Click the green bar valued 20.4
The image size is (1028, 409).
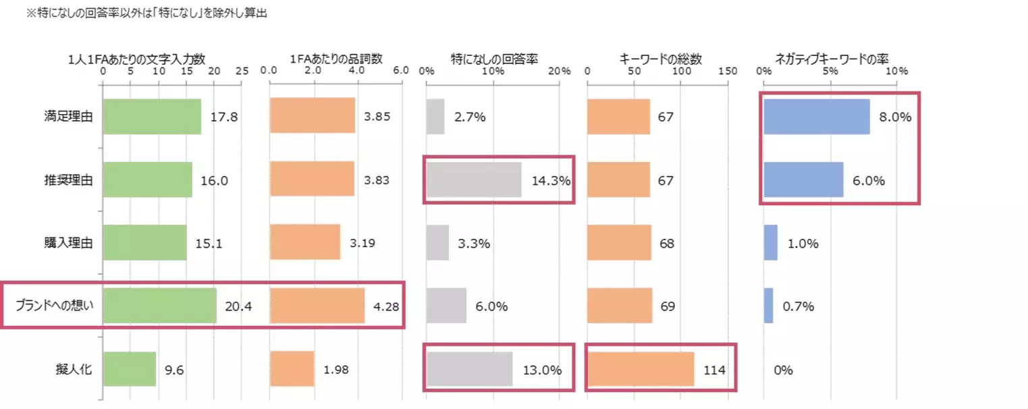160,306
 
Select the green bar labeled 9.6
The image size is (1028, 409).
130,369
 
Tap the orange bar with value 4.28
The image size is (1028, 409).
317,306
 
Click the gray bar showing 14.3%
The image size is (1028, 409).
474,180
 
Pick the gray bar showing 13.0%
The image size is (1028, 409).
470,369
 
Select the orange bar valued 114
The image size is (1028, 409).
641,369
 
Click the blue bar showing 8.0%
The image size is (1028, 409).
817,117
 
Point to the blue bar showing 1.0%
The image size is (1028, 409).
771,243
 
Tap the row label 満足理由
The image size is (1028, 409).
65,117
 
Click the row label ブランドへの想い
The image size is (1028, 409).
54,306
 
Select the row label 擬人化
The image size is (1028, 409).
74,369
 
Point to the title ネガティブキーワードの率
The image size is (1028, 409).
832,59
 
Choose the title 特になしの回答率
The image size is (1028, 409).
494,59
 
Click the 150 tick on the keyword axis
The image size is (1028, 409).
728,71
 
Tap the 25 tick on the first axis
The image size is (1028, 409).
242,71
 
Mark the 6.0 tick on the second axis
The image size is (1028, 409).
401,71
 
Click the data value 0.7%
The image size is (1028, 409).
799,306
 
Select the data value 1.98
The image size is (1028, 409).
335,370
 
